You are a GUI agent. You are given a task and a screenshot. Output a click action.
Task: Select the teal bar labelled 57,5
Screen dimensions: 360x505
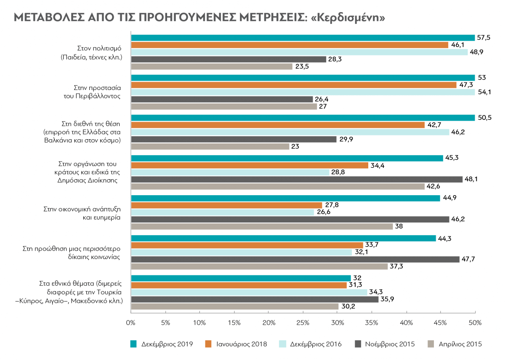coord(303,38)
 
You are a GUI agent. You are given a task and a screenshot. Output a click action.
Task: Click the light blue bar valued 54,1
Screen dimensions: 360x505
coord(303,92)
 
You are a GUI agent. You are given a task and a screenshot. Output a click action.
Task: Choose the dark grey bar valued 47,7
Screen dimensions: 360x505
coord(295,259)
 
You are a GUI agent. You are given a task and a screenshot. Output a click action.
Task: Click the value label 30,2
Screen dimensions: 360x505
coord(348,307)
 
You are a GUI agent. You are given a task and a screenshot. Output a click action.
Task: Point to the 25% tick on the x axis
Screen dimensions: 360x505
coord(303,323)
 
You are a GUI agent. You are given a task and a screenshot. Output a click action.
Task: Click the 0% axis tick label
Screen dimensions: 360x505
coord(131,323)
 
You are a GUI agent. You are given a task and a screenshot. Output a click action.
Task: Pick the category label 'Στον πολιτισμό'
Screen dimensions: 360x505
coord(100,48)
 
